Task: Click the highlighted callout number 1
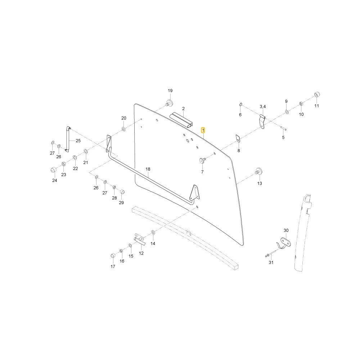pos(203,130)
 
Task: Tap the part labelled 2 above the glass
pos(181,120)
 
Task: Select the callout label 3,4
pos(263,107)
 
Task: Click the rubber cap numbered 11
pos(317,94)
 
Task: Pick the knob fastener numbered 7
pos(202,160)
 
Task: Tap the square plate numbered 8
pos(238,138)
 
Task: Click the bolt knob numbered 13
pos(258,171)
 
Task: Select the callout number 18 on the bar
pos(148,169)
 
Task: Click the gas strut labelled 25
pos(68,139)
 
